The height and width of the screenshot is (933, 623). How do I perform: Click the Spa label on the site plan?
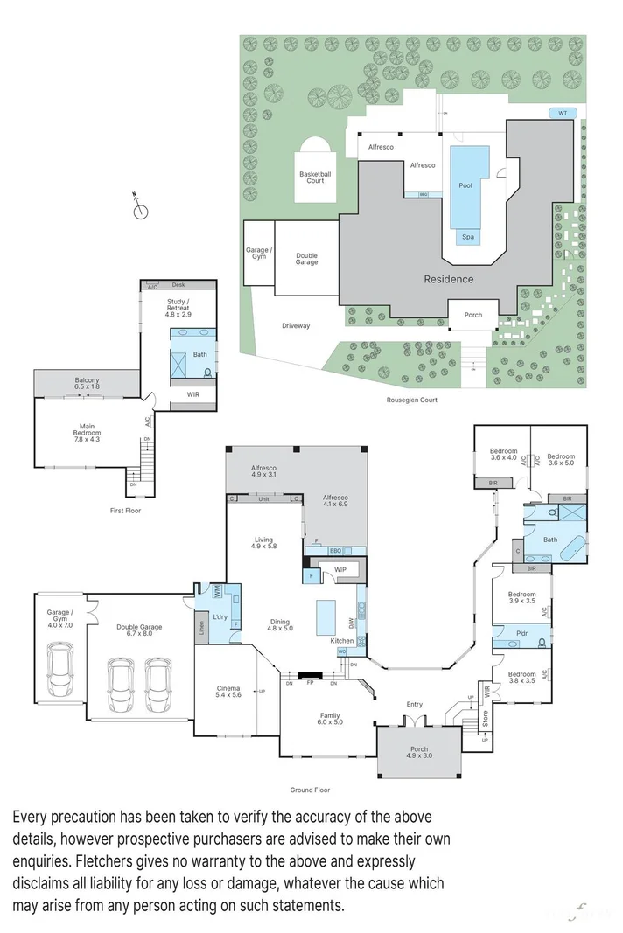(x=467, y=236)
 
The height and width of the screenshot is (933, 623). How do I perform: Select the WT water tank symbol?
(x=563, y=113)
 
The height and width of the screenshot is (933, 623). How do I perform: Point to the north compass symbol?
(x=138, y=210)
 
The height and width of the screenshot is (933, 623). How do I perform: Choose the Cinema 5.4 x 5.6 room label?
(x=227, y=693)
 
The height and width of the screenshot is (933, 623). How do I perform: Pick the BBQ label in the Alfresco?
(x=335, y=551)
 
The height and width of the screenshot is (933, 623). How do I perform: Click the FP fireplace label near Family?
(x=310, y=685)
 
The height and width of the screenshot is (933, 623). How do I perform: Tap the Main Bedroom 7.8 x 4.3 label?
(x=87, y=430)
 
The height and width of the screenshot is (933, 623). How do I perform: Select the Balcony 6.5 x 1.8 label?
(x=87, y=382)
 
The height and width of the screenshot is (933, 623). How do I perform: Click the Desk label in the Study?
(x=178, y=285)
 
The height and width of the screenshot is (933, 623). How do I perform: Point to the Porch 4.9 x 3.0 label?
(x=419, y=753)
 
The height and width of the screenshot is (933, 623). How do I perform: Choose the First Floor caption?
(x=126, y=511)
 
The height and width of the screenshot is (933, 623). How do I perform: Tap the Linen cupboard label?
(x=202, y=627)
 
